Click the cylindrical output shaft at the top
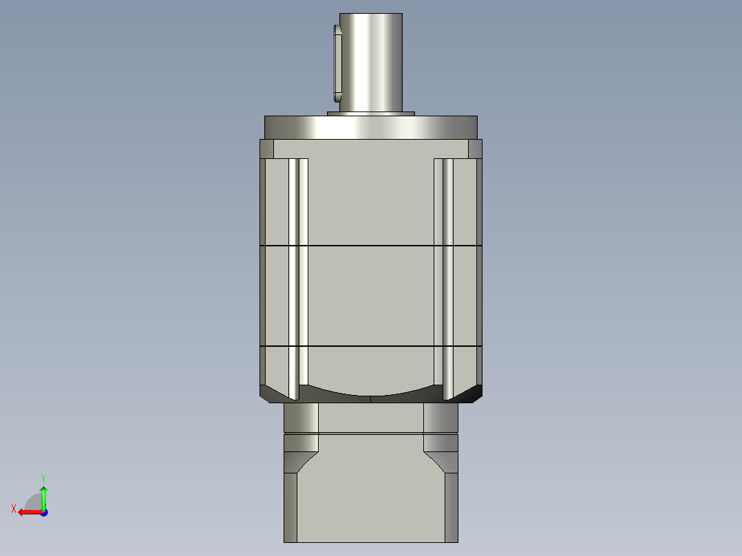click(371, 62)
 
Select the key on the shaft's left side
click(337, 62)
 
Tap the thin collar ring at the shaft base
click(371, 114)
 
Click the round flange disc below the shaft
click(371, 127)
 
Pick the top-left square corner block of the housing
click(266, 149)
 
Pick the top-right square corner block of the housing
click(475, 149)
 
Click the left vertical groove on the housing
click(298, 275)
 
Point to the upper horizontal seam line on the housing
click(371, 245)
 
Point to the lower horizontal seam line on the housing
click(371, 345)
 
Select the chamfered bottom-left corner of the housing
click(273, 394)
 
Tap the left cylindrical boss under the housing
click(301, 418)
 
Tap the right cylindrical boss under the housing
click(441, 418)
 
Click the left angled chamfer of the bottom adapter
click(302, 462)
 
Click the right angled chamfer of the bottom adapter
click(439, 462)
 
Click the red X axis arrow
click(28, 512)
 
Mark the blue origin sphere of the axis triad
click(43, 512)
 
